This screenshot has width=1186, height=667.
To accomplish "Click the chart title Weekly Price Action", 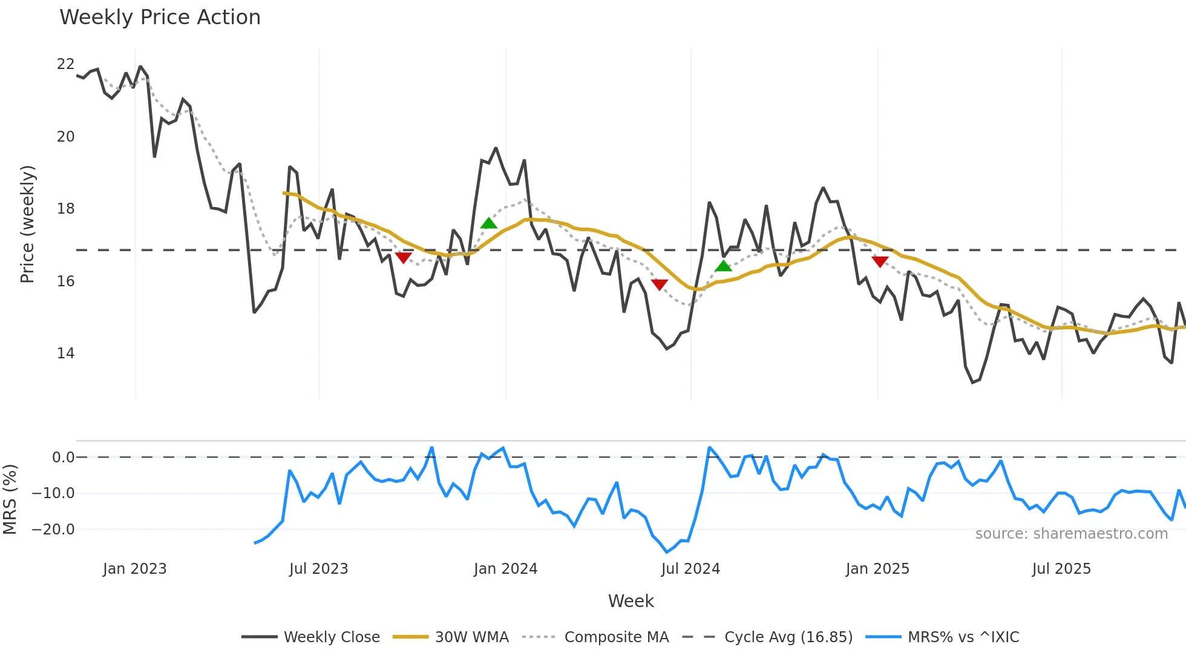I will (160, 18).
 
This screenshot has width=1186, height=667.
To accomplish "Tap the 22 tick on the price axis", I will (65, 64).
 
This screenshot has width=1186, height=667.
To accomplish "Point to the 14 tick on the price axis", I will (65, 353).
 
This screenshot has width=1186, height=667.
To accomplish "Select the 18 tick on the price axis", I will (65, 209).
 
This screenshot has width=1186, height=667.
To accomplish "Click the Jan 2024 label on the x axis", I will (505, 569).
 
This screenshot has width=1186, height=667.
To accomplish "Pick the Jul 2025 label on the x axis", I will (1061, 569).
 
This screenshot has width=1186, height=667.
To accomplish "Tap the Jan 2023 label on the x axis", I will (134, 569).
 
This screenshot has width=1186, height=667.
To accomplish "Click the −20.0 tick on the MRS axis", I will (53, 530).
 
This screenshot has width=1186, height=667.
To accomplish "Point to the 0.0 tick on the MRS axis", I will (63, 458).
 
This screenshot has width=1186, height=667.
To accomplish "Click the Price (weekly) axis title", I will (27, 224).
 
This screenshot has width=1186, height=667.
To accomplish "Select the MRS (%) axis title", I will (10, 499).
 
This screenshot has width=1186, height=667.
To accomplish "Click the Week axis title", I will (631, 601).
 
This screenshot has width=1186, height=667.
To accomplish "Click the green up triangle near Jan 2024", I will (489, 223).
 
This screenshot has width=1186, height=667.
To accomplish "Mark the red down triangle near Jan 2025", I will (880, 261).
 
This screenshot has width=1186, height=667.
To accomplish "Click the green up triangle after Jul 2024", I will (723, 266).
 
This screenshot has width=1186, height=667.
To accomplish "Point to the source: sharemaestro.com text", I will (1071, 534).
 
